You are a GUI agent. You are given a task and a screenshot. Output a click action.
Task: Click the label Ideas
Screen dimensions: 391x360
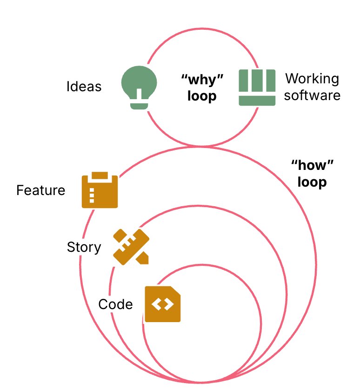(84, 87)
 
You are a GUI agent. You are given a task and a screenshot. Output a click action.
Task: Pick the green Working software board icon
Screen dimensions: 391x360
(257, 87)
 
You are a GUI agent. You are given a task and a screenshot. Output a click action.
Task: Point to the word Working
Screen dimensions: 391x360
(312, 78)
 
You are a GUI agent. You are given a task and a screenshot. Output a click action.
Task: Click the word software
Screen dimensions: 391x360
(312, 95)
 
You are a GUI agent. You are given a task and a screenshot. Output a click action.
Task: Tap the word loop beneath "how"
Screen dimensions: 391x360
(312, 182)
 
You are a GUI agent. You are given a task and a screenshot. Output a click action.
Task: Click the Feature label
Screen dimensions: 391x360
(41, 190)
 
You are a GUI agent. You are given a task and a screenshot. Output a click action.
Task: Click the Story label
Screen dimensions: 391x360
(84, 247)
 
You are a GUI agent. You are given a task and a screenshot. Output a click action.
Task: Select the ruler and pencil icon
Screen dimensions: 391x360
(131, 247)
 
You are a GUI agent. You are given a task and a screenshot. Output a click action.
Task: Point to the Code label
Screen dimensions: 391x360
(115, 304)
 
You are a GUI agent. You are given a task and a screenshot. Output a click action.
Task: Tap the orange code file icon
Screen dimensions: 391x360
(162, 304)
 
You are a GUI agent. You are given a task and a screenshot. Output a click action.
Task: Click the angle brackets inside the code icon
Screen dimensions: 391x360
(162, 304)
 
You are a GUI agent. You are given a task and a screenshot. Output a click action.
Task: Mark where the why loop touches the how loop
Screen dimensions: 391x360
(200, 147)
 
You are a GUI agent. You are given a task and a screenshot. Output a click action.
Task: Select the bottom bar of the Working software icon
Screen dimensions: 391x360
(257, 100)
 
